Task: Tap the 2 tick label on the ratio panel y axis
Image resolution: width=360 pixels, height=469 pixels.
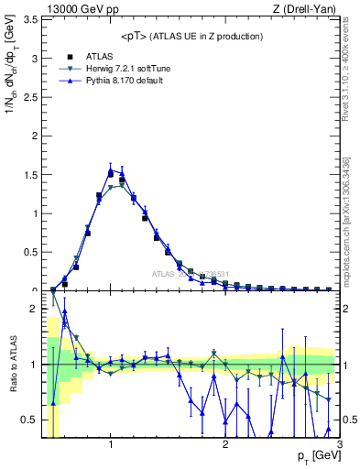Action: (x=34, y=309)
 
